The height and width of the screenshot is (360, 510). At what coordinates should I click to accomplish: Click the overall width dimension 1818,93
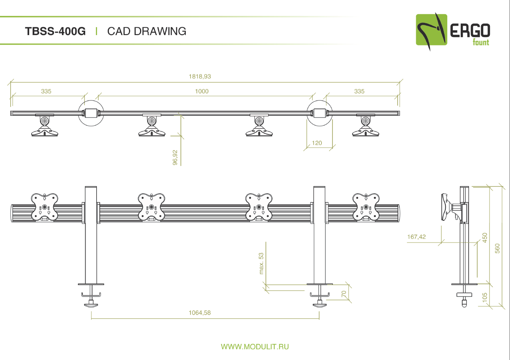[x=200, y=76]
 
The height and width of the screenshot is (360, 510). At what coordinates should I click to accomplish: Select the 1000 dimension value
[x=202, y=91]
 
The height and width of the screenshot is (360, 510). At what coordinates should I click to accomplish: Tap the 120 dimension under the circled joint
[x=317, y=143]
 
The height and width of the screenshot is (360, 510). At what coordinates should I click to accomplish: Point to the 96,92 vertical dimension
[x=175, y=157]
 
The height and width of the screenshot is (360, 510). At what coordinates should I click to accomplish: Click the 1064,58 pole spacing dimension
[x=200, y=313]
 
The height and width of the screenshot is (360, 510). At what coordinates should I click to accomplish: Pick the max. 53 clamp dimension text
[x=261, y=263]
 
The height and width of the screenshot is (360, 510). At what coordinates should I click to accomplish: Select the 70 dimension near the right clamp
[x=344, y=294]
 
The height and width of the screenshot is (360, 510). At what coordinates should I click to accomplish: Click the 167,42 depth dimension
[x=416, y=237]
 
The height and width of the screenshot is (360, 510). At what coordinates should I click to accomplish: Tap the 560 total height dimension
[x=497, y=248]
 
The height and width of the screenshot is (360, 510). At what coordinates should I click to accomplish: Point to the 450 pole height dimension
[x=485, y=238]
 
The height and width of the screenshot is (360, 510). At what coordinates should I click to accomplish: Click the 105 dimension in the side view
[x=485, y=297]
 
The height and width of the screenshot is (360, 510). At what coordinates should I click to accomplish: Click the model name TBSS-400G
[x=55, y=31]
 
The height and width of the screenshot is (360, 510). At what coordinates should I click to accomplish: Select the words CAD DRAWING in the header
[x=147, y=31]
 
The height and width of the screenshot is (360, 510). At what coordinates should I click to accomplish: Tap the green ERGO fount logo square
[x=432, y=30]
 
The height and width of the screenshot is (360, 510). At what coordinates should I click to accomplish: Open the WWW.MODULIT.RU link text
[x=255, y=347]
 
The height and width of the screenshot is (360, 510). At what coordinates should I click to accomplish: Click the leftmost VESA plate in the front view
[x=45, y=207]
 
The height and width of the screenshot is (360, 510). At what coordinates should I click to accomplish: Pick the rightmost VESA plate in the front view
[x=366, y=207]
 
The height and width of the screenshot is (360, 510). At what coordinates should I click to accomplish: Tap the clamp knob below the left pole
[x=91, y=304]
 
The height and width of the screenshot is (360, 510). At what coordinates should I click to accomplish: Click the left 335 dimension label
[x=46, y=91]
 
